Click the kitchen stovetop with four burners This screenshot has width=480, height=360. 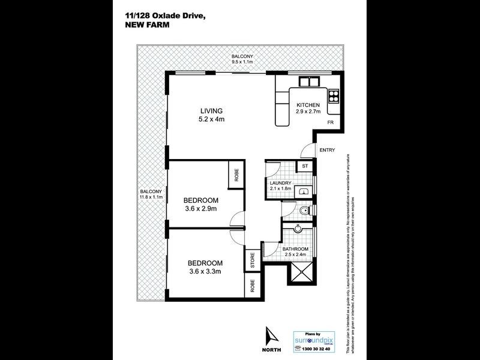pos(333,95)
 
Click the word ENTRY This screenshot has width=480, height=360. pos(327,150)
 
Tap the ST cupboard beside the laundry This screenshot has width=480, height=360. pos(305,166)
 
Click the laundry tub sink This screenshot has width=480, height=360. pos(306,191)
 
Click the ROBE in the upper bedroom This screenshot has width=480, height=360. pos(236,175)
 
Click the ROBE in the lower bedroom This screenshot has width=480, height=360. pos(252,285)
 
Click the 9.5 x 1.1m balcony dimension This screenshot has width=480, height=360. pos(243,62)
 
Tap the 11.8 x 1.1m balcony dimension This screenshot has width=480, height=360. pos(150,196)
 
